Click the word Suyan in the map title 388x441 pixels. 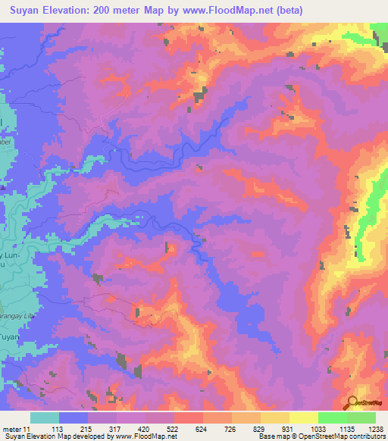coord(22,11)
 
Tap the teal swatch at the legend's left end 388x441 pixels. coord(45,418)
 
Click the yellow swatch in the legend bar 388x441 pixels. coord(303,418)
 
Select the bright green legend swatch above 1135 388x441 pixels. coord(332,418)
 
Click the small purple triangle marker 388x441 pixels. coord(4,187)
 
